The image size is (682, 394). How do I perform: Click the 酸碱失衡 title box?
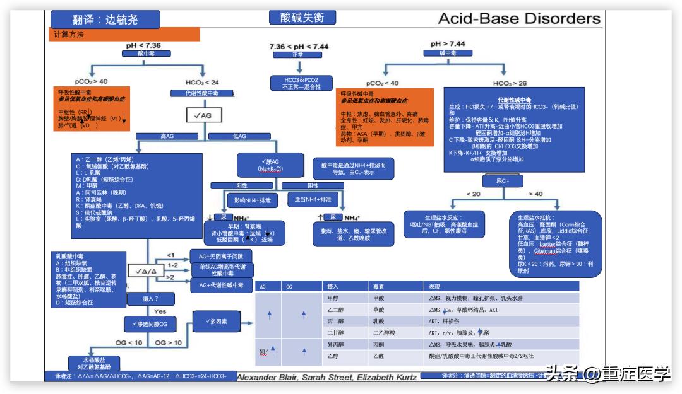[302, 18]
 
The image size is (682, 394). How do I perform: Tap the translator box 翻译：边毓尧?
[104, 20]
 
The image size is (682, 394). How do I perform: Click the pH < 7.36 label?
[143, 45]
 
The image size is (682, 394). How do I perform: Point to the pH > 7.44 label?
[448, 43]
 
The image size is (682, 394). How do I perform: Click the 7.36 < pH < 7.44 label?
[299, 47]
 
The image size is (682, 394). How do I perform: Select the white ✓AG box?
[203, 115]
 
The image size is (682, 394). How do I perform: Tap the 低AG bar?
[239, 136]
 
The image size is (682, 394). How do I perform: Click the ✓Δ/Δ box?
[146, 270]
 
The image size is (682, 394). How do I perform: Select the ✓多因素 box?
[216, 322]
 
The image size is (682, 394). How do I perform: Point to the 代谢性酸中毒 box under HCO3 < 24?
[195, 93]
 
